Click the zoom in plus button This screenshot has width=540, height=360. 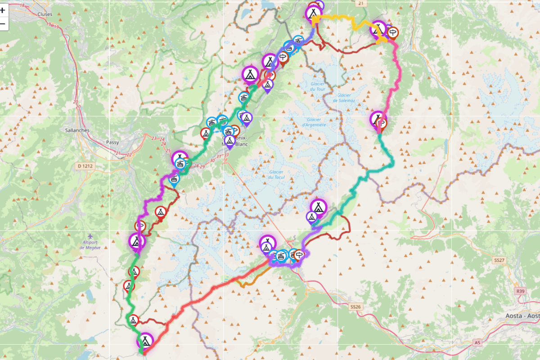tap(3, 10)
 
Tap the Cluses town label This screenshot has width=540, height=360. tap(45, 14)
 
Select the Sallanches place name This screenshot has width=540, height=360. tap(77, 130)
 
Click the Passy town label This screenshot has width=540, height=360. tap(112, 143)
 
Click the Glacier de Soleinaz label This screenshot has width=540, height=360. tap(345, 98)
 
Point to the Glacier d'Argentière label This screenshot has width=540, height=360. tap(314, 122)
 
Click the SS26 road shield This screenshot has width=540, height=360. tap(355, 306)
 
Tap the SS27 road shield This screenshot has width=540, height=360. tap(499, 261)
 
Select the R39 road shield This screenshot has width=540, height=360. tap(521, 291)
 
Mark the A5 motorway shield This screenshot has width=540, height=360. tap(477, 343)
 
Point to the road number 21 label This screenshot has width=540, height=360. tap(360, 3)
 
